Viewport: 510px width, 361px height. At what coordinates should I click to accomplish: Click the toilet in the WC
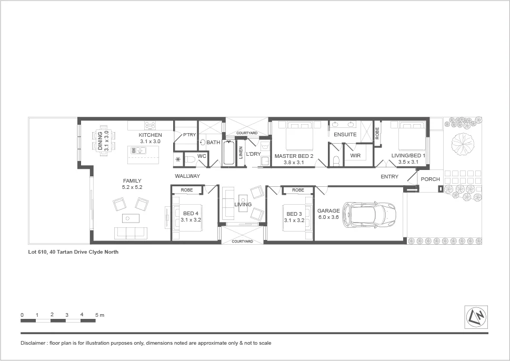tap(191, 158)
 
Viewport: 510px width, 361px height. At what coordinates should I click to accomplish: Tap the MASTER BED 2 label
tap(294, 156)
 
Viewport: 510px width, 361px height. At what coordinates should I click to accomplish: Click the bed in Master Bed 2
tap(299, 137)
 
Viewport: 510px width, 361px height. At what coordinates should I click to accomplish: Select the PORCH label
tap(431, 179)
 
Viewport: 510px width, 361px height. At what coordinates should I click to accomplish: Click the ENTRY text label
tap(389, 177)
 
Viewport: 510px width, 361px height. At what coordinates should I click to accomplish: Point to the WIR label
tap(355, 156)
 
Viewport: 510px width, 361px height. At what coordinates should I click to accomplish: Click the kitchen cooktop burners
tap(150, 125)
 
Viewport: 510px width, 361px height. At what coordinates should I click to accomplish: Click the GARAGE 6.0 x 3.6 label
tap(328, 214)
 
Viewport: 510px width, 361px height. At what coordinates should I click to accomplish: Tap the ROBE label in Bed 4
tap(186, 190)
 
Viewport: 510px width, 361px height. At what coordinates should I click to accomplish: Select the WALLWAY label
tap(187, 176)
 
